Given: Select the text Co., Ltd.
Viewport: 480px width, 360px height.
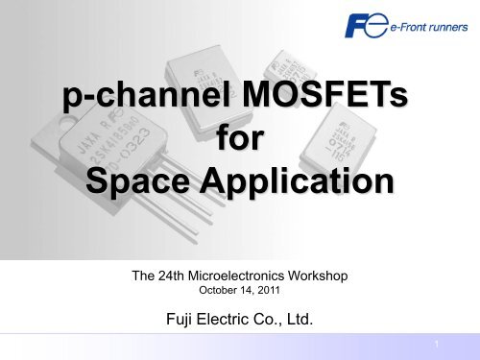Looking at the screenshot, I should point(286,322).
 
